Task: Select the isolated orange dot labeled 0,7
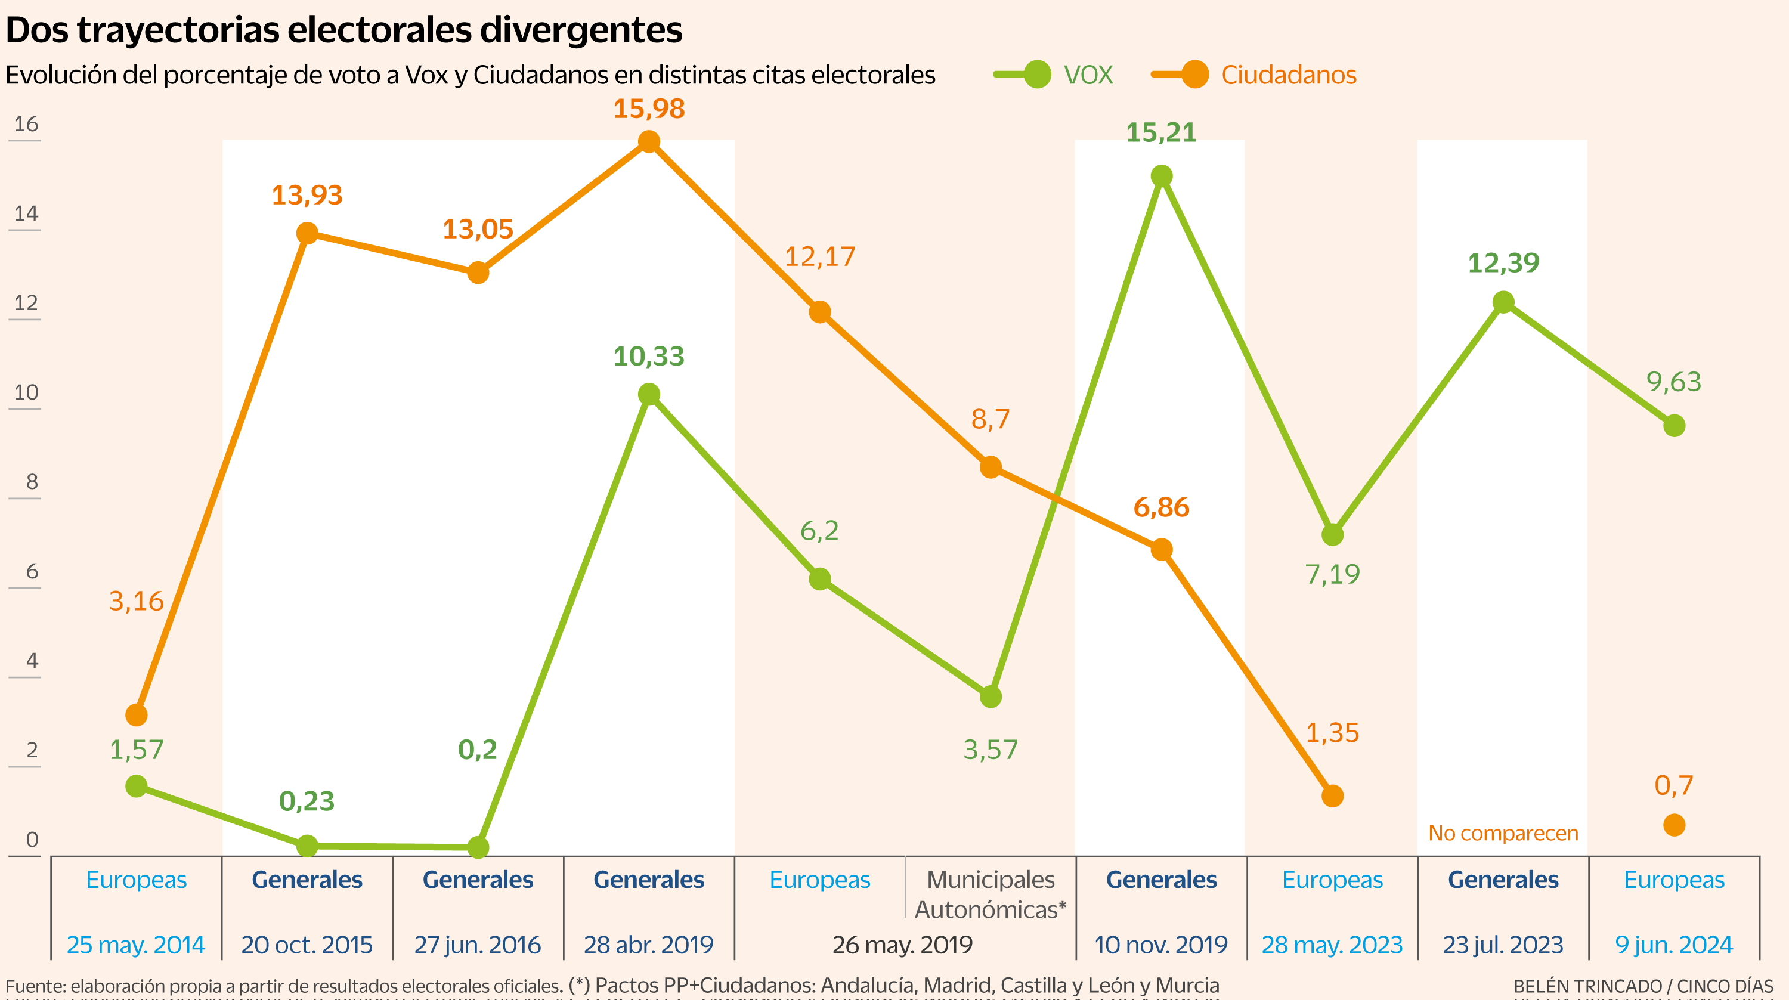pos(1674,825)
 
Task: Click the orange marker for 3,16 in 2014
pos(136,714)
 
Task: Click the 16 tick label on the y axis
pos(26,124)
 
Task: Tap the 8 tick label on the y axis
pos(31,482)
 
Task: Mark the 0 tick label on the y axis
pos(31,840)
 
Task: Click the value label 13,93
pos(307,195)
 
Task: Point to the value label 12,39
pos(1503,263)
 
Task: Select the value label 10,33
pos(649,356)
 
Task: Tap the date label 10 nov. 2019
pos(1161,945)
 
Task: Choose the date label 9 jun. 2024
pos(1674,945)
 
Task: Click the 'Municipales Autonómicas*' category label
pos(991,894)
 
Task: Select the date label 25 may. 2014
pos(136,945)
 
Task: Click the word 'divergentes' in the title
pos(581,30)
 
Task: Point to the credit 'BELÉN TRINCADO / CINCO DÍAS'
pos(1643,986)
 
